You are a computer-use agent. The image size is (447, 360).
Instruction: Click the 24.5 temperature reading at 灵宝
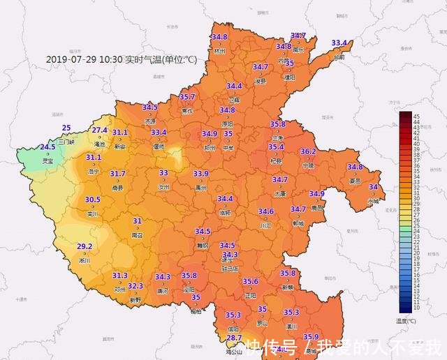(47, 147)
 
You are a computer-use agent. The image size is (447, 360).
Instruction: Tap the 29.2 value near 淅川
(85, 246)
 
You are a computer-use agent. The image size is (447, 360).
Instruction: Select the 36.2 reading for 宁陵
(308, 151)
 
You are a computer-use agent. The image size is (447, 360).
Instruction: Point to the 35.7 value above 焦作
(187, 97)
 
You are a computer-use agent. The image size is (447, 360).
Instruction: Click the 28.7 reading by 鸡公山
(234, 338)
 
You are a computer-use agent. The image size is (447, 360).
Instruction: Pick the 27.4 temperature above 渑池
(100, 130)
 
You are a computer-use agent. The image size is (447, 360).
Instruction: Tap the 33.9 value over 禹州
(201, 174)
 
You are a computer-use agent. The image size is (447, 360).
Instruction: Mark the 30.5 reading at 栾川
(92, 200)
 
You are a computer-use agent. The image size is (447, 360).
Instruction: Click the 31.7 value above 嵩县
(117, 174)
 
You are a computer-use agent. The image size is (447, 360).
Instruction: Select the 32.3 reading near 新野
(135, 285)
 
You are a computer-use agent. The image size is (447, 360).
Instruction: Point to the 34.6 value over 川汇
(265, 211)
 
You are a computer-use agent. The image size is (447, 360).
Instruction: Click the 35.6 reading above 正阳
(251, 282)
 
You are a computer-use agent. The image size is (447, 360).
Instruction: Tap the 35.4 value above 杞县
(276, 147)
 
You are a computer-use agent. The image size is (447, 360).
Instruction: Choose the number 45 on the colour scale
(416, 115)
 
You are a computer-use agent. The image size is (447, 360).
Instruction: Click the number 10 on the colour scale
(416, 307)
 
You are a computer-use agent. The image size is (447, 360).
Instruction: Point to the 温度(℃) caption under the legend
(405, 321)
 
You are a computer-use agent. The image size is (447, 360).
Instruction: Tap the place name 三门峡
(66, 142)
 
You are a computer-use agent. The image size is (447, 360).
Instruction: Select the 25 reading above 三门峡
(66, 128)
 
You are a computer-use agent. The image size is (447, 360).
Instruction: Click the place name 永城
(374, 201)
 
